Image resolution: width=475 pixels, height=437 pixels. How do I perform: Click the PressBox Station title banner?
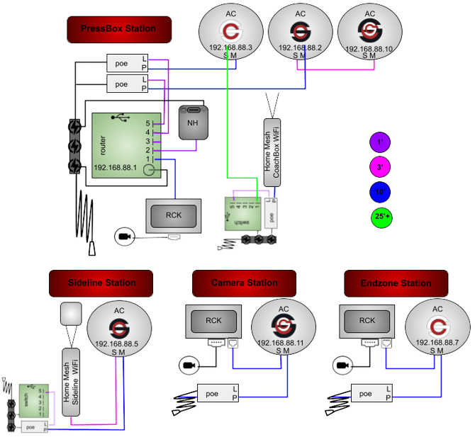click(120, 30)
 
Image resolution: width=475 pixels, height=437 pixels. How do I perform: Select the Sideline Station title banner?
click(101, 283)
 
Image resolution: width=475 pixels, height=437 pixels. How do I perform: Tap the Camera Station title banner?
click(245, 283)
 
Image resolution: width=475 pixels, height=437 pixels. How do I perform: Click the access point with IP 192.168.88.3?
click(230, 33)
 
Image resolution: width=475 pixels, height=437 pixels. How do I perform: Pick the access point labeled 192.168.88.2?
click(300, 33)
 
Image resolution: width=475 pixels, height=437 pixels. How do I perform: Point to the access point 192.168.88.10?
click(369, 33)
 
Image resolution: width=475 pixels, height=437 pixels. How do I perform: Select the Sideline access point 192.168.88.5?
click(119, 330)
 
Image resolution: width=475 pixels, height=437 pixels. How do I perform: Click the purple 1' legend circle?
click(380, 142)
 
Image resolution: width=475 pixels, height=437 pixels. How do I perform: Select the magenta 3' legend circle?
click(380, 168)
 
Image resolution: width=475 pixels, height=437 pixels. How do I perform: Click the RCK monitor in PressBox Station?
click(174, 215)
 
